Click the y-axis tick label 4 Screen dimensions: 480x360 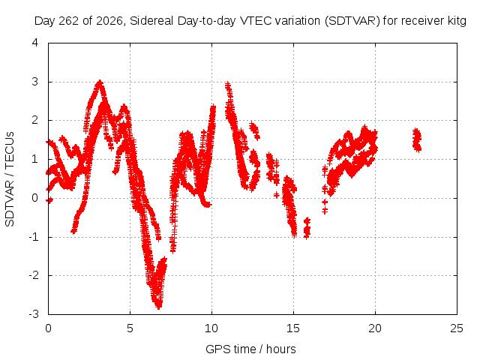[35, 43]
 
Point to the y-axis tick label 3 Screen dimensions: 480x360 [35, 82]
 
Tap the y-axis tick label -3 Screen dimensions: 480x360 [34, 314]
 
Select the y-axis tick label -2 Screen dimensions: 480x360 [34, 275]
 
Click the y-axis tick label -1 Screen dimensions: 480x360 [34, 237]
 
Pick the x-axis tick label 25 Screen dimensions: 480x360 [457, 328]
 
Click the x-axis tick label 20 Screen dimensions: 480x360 [375, 328]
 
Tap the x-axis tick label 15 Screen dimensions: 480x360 [293, 328]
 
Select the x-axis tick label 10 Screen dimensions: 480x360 [211, 328]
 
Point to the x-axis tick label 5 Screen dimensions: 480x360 [130, 328]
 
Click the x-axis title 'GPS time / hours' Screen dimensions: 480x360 [250, 349]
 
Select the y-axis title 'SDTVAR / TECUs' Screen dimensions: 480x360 [10, 179]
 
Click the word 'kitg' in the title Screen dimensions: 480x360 [456, 21]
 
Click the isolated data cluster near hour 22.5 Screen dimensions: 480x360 [417, 140]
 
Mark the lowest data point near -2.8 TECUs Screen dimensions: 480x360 [158, 307]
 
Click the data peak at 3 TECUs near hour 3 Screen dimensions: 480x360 [100, 82]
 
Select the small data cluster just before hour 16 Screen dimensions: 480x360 [307, 228]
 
